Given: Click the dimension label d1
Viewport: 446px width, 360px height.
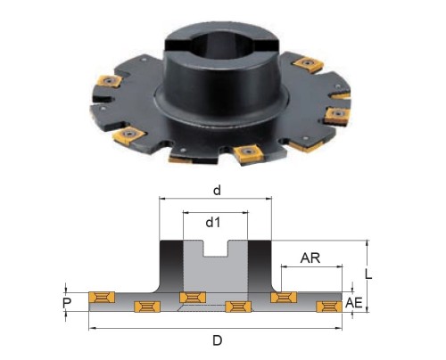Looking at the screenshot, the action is [x=213, y=222].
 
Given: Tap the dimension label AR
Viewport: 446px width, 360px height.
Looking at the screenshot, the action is [x=310, y=258].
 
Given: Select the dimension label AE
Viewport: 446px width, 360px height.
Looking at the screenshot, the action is [x=354, y=303].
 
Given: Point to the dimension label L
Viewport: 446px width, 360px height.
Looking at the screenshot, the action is [x=368, y=274].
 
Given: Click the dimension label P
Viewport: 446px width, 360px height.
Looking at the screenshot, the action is [x=67, y=303].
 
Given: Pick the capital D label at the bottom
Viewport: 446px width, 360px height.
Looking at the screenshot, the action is [x=218, y=340].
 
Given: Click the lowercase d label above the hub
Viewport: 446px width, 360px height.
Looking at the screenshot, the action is [x=217, y=191].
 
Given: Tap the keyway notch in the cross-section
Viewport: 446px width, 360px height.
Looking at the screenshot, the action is [x=216, y=249].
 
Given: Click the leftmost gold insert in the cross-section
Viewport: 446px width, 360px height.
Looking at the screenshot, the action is [x=102, y=297].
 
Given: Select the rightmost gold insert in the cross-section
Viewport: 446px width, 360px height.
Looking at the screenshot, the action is [x=329, y=307].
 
